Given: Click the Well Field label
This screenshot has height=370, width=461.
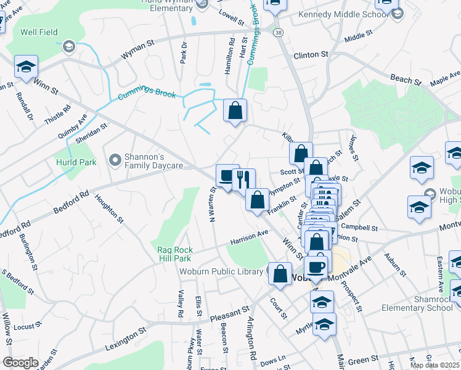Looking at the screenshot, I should click(38, 32).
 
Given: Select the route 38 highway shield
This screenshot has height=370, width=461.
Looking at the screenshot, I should click(279, 32).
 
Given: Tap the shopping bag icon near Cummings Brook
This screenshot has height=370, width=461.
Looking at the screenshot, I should click(235, 111).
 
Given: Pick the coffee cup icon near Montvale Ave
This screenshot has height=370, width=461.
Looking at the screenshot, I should click(316, 266).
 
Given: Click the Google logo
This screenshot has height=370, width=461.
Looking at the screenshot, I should click(20, 363).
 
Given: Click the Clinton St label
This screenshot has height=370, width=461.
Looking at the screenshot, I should click(311, 55).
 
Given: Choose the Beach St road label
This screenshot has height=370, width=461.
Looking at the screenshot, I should click(406, 80).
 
